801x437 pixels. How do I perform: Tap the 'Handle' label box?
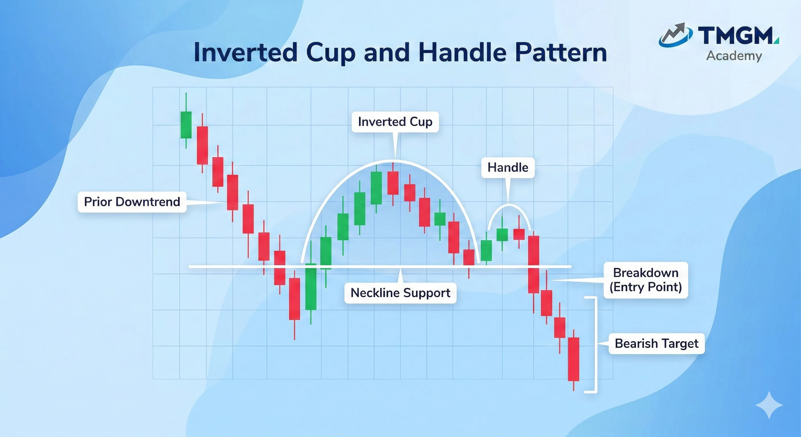tap(508, 168)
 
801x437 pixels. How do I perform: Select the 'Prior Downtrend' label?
tap(132, 202)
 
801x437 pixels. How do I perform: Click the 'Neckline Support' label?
tap(400, 293)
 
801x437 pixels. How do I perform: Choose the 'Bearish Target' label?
tap(656, 343)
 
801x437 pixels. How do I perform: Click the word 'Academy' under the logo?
tap(734, 56)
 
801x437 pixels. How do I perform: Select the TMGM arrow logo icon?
tap(675, 36)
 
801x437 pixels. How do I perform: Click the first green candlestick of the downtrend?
tap(186, 124)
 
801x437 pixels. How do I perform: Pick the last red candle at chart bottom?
tap(573, 359)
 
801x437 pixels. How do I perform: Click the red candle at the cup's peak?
tap(393, 183)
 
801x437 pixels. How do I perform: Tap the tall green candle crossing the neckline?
tap(311, 286)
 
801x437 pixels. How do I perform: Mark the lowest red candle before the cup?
tap(294, 299)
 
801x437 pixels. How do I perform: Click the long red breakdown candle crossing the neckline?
tap(534, 264)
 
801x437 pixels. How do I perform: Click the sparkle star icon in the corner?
tap(769, 405)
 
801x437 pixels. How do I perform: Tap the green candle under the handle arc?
tap(502, 234)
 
